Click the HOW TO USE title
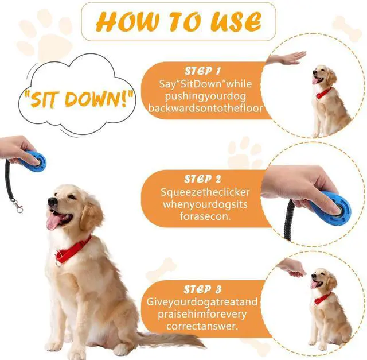point(179,21)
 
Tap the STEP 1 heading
point(202,71)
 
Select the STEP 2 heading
point(202,179)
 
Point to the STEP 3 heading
point(202,289)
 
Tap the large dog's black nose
point(52,201)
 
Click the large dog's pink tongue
point(53,222)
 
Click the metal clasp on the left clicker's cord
point(18,206)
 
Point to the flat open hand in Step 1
point(286,59)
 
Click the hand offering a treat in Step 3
point(291,267)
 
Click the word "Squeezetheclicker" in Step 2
point(205,192)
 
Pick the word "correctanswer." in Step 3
point(202,326)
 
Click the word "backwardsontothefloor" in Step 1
point(205,109)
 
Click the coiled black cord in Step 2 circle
point(288,221)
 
